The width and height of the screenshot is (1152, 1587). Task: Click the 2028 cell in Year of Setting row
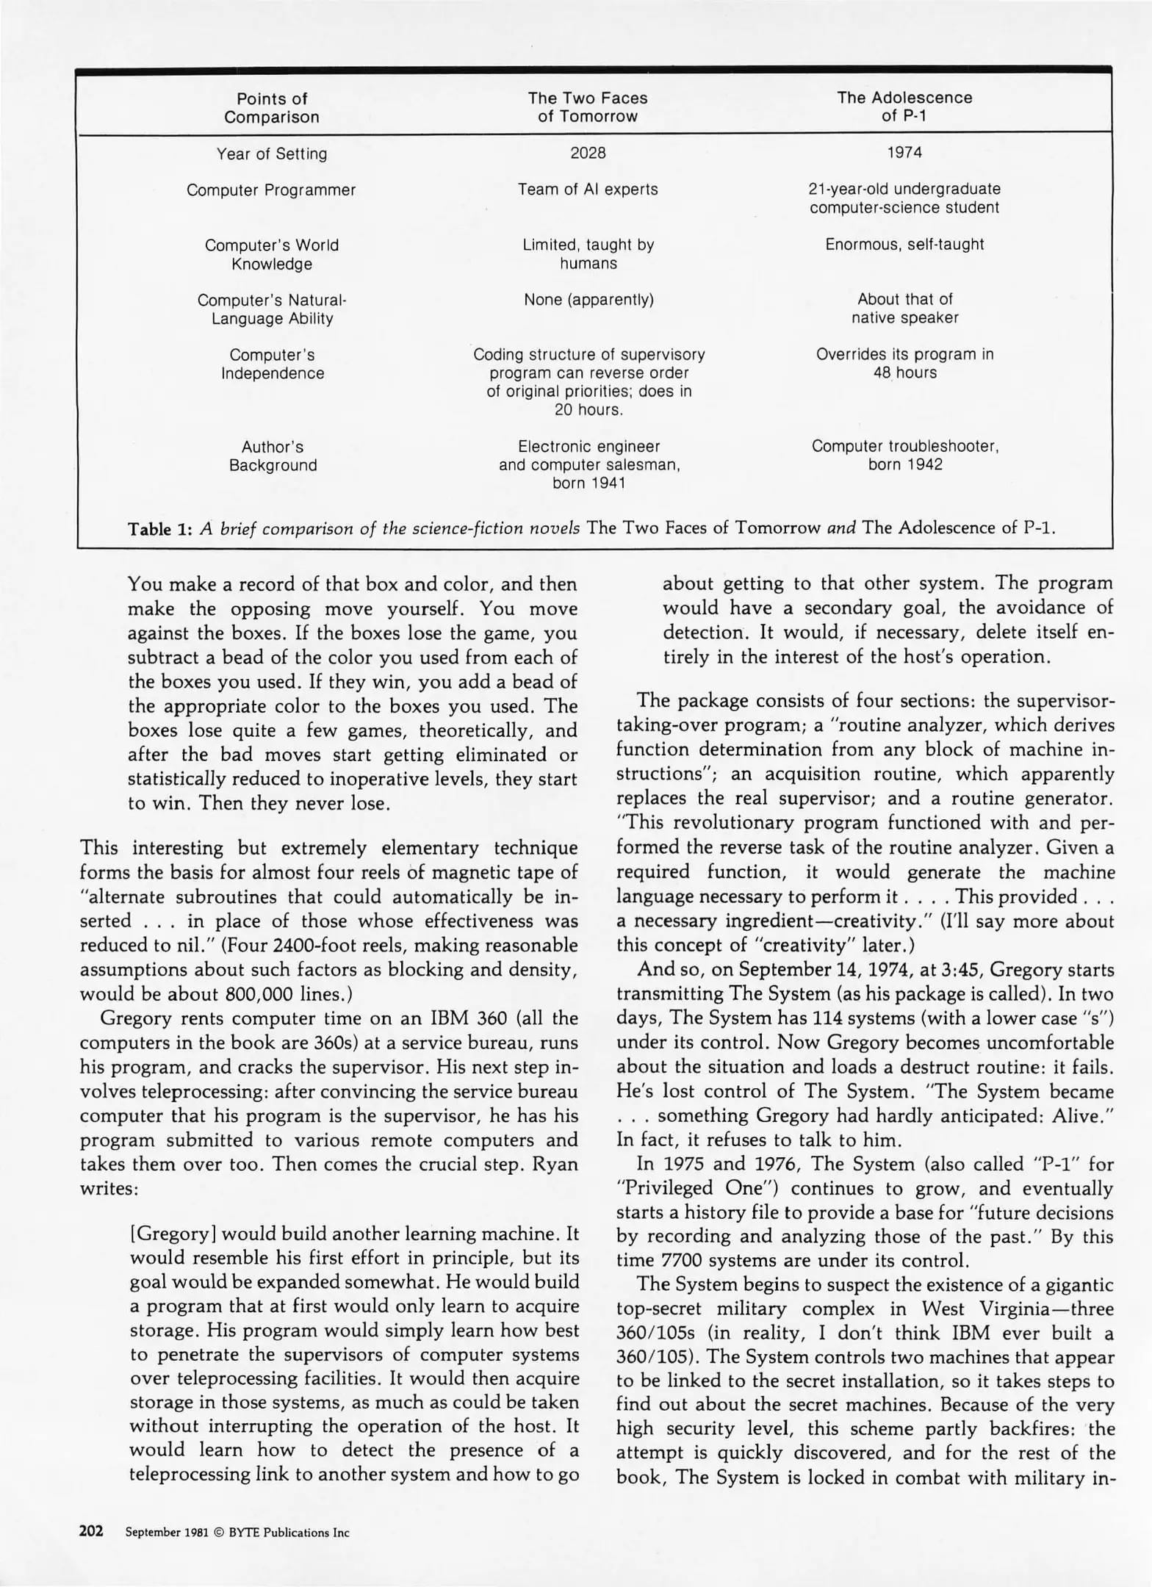coord(588,153)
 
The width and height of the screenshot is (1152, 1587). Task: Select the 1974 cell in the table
coord(904,153)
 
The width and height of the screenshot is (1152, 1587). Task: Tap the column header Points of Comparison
coord(272,108)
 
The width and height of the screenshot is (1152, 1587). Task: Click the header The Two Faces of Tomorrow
coord(588,107)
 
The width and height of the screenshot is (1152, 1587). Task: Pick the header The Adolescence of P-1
coord(904,107)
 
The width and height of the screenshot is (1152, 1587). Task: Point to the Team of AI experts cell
coord(588,190)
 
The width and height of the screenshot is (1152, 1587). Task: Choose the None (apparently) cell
coord(588,300)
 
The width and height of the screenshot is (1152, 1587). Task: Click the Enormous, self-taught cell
coord(904,245)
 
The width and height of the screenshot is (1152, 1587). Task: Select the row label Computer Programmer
coord(271,190)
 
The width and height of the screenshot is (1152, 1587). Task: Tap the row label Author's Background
coord(273,456)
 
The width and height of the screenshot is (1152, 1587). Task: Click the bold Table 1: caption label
coord(160,529)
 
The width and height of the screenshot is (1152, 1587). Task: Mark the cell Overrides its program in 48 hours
coord(904,364)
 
